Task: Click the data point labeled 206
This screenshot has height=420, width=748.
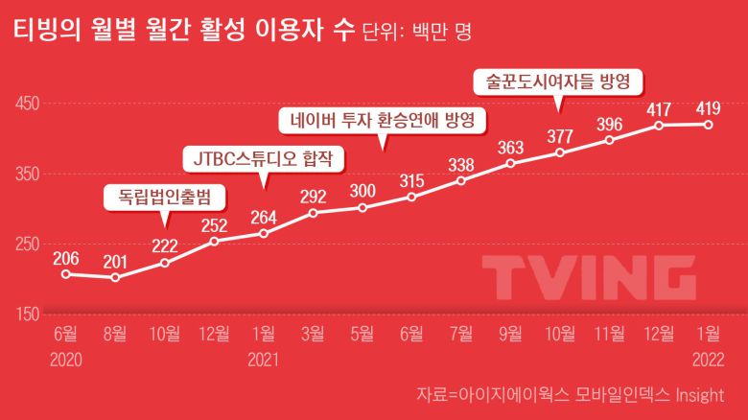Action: (65, 274)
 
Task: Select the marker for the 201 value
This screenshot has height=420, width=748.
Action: (115, 278)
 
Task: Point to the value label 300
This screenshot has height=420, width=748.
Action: (362, 190)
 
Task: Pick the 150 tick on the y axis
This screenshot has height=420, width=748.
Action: (26, 315)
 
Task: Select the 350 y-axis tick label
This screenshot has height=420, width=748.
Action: (26, 174)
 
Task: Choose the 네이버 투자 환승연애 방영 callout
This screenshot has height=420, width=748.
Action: (383, 121)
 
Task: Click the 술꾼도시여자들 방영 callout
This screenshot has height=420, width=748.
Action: (557, 82)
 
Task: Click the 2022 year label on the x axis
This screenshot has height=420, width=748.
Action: (708, 361)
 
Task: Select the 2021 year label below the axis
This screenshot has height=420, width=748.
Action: (263, 361)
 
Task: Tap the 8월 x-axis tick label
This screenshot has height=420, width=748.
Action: (115, 334)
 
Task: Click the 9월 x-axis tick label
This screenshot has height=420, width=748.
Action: (510, 334)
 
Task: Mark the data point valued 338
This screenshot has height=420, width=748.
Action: (461, 180)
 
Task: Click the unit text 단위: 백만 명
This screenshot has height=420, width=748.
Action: (416, 35)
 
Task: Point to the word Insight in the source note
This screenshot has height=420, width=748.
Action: (696, 394)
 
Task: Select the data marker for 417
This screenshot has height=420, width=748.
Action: (659, 126)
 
